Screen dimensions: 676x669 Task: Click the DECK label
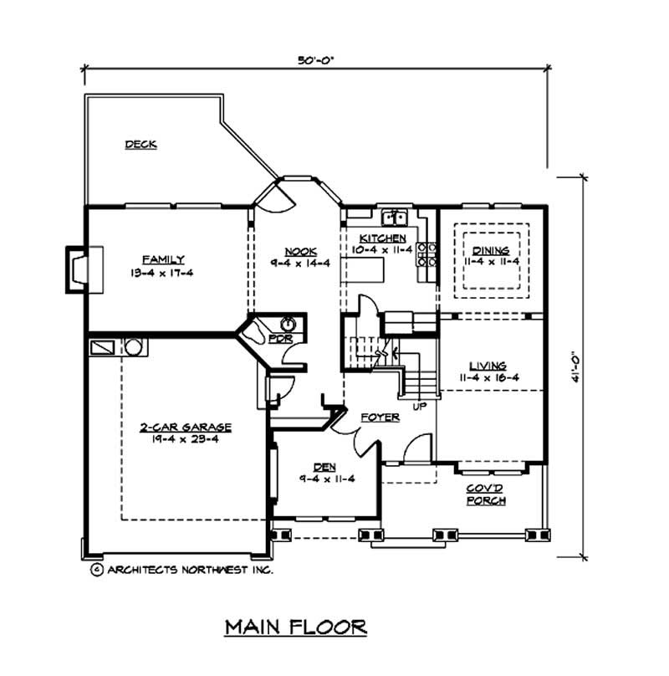coord(141,144)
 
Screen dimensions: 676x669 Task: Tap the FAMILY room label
coord(162,259)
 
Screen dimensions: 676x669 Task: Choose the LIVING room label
coord(489,366)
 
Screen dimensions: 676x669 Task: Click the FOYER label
coord(379,416)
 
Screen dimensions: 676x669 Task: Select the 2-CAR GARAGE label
coord(186,427)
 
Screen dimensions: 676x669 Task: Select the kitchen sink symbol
coord(393,219)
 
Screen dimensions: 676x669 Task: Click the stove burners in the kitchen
coord(427,255)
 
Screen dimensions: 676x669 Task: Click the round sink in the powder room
coord(288,323)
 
